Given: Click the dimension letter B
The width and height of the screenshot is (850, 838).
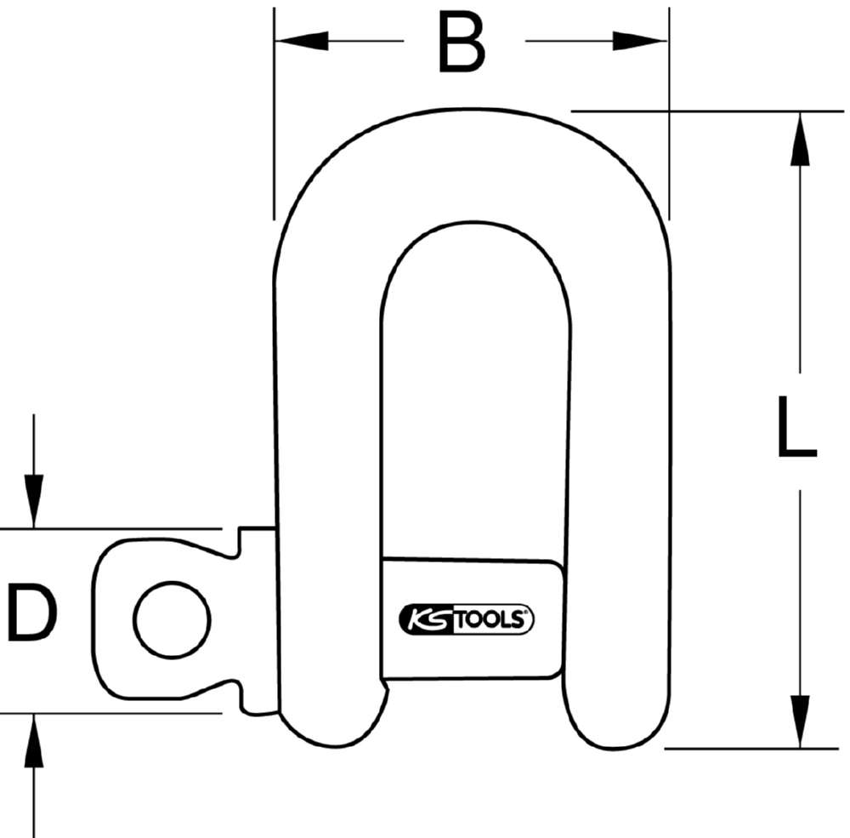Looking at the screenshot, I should tap(462, 43).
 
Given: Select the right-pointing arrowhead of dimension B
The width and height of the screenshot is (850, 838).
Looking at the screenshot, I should tap(642, 40).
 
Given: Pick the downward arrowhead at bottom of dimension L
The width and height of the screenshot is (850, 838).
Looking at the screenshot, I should tap(799, 721).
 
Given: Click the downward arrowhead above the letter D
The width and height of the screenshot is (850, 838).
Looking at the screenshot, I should tap(33, 502).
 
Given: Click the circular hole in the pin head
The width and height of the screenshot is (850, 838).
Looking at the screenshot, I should tap(172, 619).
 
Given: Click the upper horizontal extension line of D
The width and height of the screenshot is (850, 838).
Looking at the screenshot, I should tap(119, 528).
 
